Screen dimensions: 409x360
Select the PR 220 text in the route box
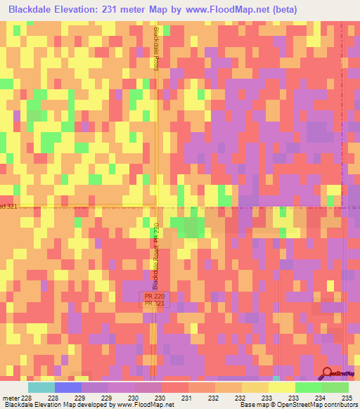[154, 297]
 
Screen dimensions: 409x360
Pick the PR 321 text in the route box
[154, 304]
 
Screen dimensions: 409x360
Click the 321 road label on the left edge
[7, 206]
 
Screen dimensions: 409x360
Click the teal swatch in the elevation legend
[41, 387]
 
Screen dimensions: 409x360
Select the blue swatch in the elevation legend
[68, 387]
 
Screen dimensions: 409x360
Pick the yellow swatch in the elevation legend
[281, 387]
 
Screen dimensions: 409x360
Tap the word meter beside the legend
[10, 398]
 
